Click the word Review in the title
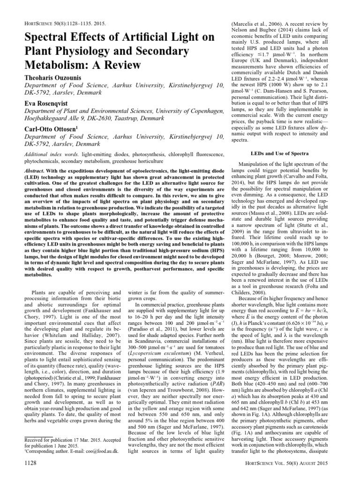[x=109, y=68]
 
